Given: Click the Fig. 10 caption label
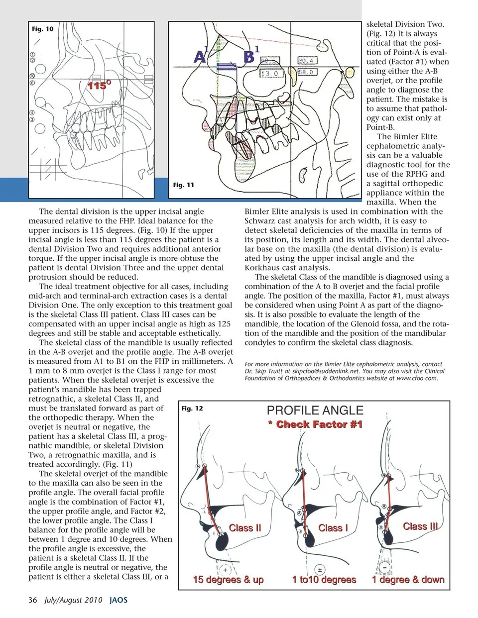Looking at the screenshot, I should click(42, 29).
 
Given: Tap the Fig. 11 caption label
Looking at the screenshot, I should click(183, 185).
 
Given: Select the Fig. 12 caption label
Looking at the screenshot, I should click(192, 409).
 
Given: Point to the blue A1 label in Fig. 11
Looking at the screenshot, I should click(200, 55).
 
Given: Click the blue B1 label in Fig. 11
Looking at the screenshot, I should click(250, 54).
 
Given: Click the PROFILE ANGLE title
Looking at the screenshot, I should click(315, 411).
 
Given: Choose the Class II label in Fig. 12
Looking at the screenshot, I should click(244, 527).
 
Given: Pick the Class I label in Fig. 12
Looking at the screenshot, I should click(333, 527).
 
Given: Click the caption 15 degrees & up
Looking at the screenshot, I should click(228, 580).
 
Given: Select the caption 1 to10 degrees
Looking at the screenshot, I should click(324, 580).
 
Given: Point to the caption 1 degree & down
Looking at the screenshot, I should click(408, 580).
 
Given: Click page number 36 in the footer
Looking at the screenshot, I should click(33, 600).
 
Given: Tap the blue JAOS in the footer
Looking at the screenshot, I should click(118, 600).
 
